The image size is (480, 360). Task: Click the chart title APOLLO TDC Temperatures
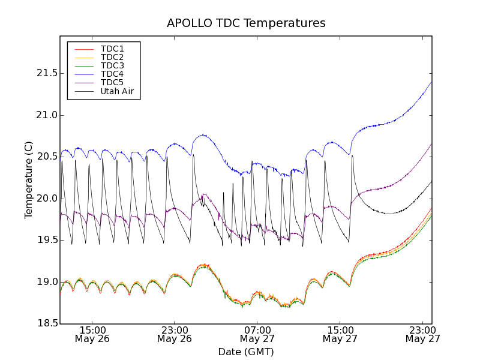[x=246, y=23]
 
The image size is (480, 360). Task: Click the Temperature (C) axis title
[x=29, y=180]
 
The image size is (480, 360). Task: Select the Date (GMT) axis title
[x=245, y=352]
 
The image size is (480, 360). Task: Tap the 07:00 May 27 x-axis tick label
[x=257, y=334]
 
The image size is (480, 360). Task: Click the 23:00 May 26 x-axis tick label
[x=175, y=334]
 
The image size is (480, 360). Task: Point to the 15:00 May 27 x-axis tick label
[x=340, y=334]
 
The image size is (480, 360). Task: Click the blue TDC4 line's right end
[x=431, y=82]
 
